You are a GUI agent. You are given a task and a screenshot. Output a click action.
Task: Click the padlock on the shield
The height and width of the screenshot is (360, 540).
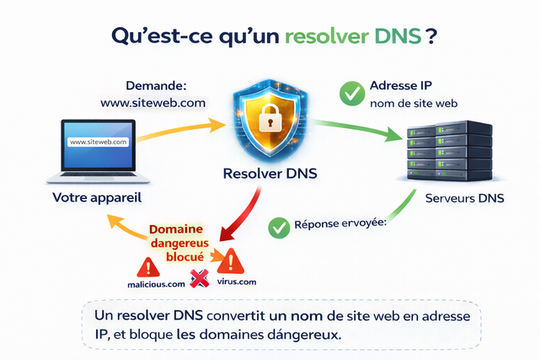point(269,118)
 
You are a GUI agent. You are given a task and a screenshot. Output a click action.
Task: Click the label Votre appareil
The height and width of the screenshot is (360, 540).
point(96,200)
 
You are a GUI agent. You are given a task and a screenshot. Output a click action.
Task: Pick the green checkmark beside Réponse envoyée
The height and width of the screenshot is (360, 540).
point(279,226)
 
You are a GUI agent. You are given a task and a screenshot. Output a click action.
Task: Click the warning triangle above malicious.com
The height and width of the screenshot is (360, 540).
point(149,267)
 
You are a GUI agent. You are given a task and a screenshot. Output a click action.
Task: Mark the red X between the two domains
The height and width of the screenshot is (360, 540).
point(200,279)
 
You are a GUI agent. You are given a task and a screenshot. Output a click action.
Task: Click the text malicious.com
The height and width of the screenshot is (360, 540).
point(156,284)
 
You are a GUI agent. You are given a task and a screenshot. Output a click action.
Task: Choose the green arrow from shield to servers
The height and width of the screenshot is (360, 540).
point(354,127)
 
